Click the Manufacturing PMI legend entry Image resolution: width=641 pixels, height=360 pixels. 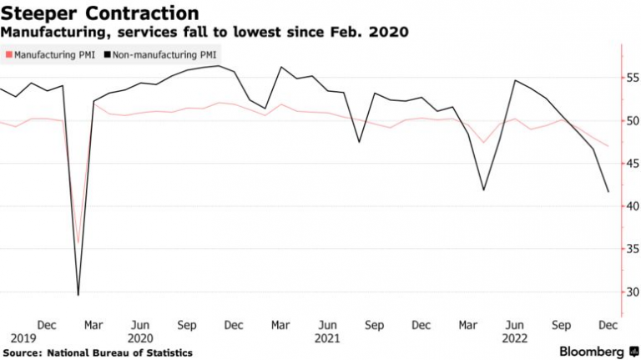pos(51,54)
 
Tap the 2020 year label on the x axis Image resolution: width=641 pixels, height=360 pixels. pos(141,338)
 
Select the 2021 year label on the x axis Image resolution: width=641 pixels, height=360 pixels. pos(328,338)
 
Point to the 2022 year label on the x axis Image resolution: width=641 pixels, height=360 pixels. pos(515,338)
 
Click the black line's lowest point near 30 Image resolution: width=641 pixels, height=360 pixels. pos(78,294)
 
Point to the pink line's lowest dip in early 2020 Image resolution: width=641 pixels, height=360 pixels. pos(78,242)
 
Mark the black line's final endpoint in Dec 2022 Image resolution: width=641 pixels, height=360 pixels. pos(608,192)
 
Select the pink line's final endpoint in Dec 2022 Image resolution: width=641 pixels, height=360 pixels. pos(608,146)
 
